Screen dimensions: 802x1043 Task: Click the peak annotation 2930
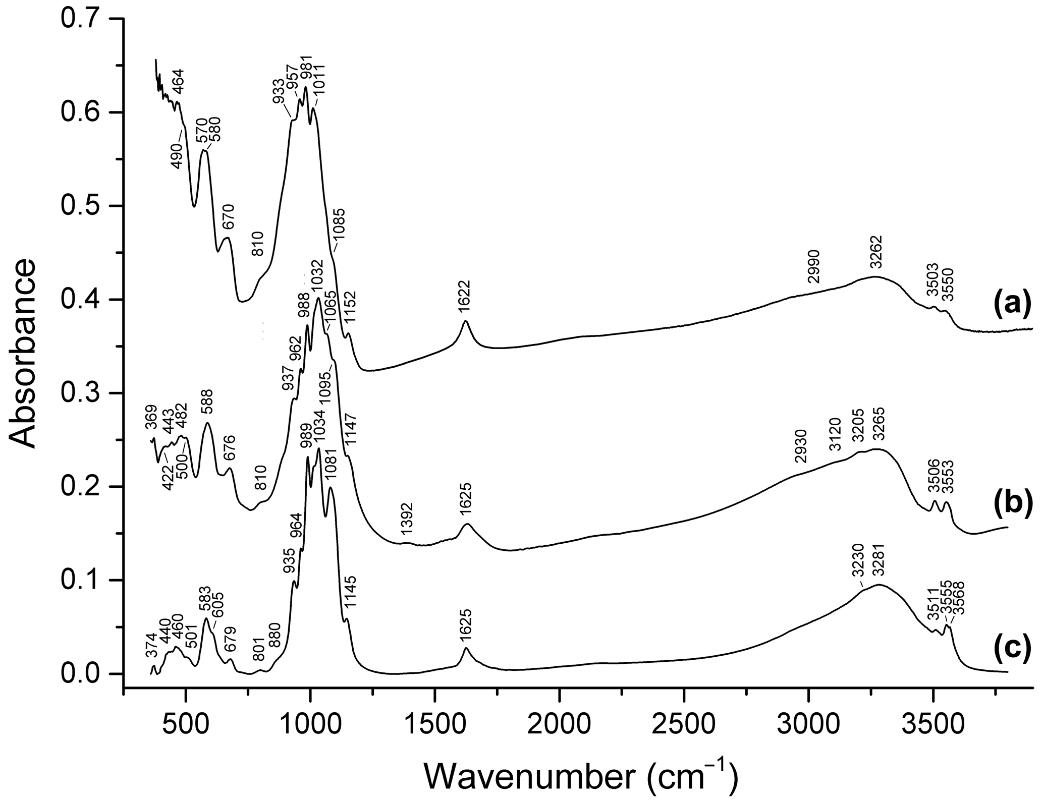800,446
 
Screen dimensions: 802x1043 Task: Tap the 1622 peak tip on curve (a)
465,321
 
